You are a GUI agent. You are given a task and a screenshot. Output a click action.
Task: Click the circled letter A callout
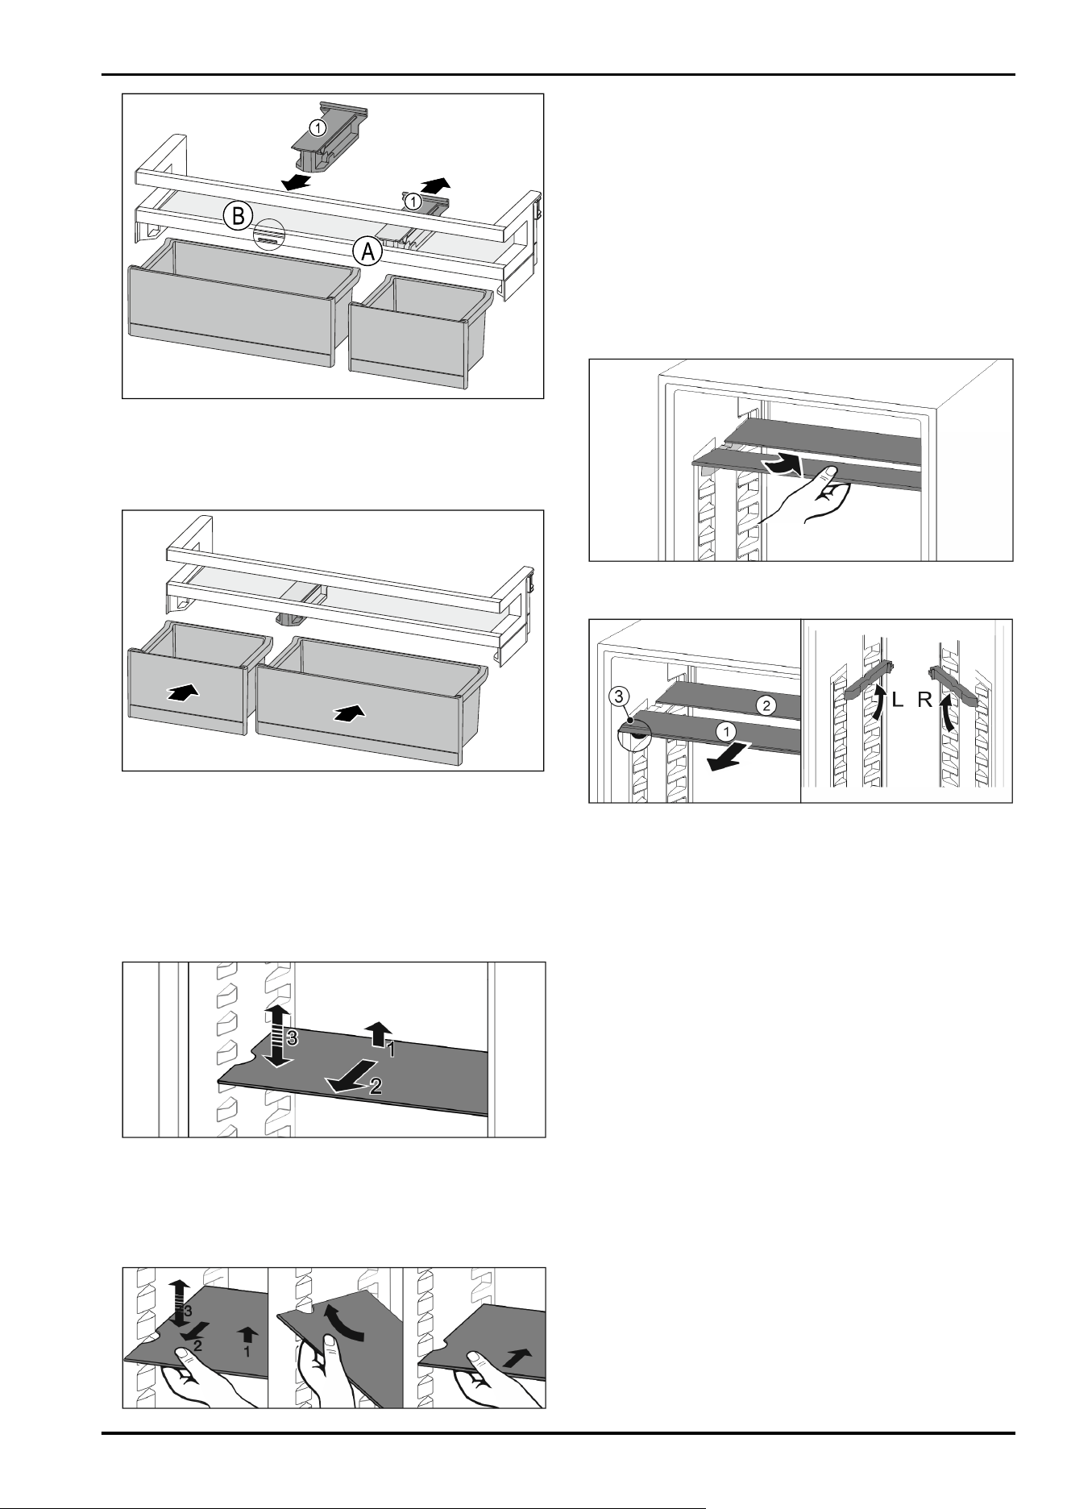367,251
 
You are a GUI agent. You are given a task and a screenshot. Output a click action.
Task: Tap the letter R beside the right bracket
924,700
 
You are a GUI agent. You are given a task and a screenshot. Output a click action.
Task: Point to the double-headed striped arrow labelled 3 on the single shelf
276,1037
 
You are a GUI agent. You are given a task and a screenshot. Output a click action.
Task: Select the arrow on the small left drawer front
183,692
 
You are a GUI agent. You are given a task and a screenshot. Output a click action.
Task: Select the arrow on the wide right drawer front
348,712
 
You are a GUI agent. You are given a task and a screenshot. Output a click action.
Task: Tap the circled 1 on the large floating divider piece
319,128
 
